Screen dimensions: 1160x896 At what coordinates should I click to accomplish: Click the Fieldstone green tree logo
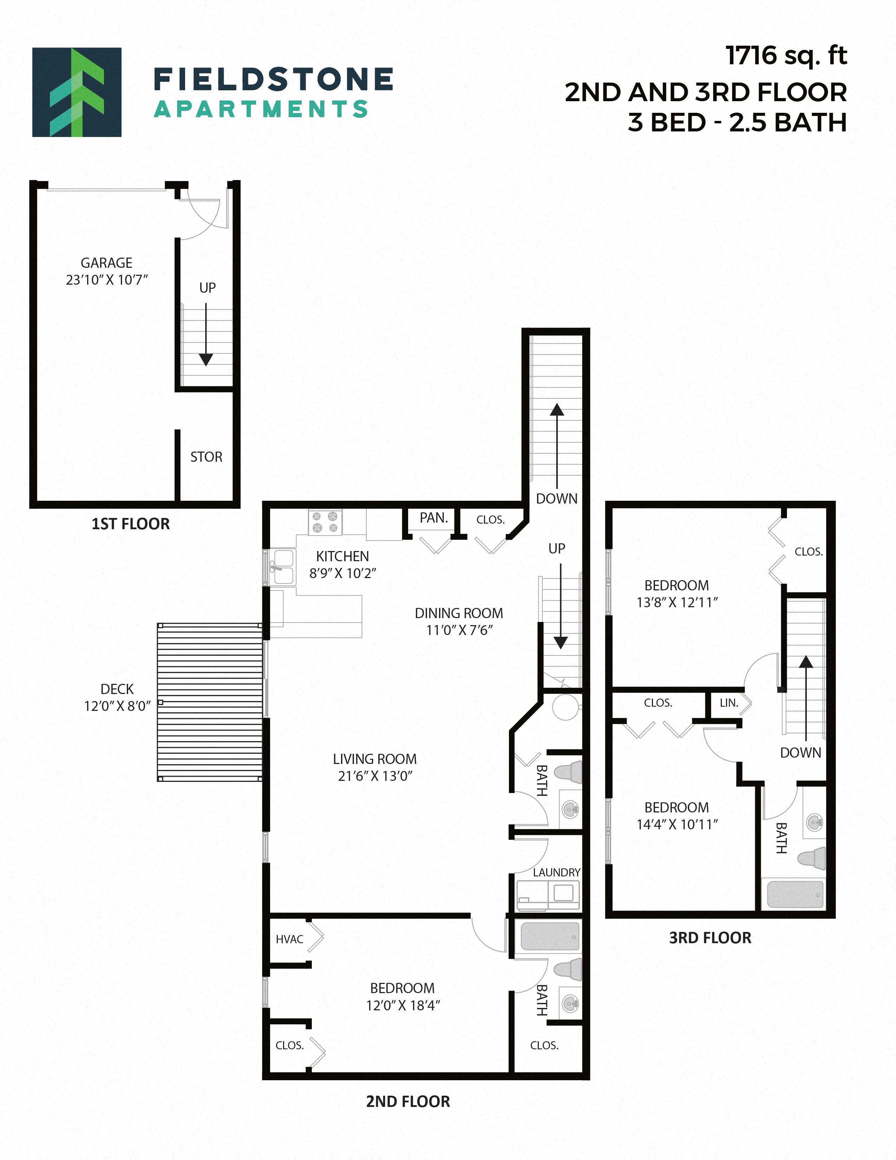(77, 92)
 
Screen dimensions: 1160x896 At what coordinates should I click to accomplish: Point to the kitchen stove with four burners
(325, 522)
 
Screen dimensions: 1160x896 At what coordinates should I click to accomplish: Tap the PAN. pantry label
(434, 518)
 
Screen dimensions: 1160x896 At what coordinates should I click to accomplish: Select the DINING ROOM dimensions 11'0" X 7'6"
(459, 630)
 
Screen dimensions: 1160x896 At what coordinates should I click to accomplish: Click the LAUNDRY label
(556, 872)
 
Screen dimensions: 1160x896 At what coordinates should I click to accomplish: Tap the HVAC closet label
(289, 939)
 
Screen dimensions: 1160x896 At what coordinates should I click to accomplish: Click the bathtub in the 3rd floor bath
(794, 895)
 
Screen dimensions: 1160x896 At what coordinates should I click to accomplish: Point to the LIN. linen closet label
(729, 703)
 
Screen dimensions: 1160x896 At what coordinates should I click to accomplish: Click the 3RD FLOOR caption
(710, 938)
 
